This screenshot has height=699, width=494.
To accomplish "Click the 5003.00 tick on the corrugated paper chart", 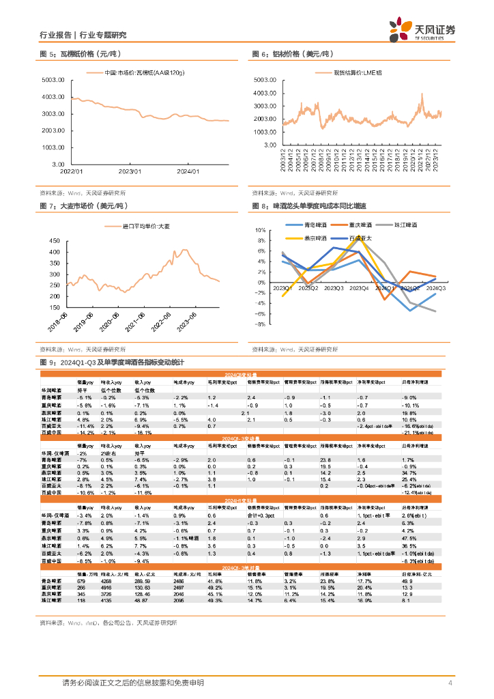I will click(53, 80).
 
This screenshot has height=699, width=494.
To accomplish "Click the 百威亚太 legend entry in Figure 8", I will click(361, 238).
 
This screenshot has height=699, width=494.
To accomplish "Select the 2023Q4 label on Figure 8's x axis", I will click(359, 289).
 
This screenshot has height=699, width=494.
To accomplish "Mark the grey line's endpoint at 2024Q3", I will click(435, 311).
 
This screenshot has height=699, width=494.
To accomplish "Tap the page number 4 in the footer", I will click(451, 683).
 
